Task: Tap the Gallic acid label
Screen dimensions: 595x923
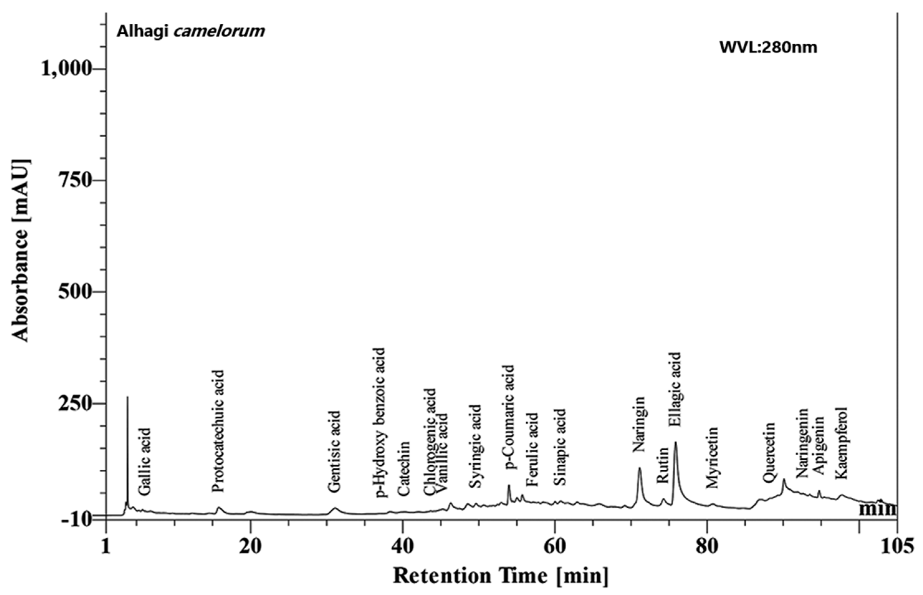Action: [x=144, y=462]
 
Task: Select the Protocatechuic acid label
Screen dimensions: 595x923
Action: [x=218, y=431]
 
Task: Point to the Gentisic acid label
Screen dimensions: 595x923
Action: [x=334, y=451]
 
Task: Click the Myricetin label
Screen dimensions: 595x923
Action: [x=711, y=457]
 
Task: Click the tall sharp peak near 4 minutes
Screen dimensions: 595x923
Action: [x=127, y=398]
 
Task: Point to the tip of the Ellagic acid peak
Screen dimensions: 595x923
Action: [x=676, y=443]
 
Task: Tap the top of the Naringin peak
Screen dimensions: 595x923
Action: [x=639, y=468]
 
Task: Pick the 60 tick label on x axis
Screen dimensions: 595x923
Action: [x=554, y=546]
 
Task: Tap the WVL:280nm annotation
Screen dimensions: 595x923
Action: [x=768, y=48]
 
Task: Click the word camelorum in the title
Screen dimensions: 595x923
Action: [x=219, y=31]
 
